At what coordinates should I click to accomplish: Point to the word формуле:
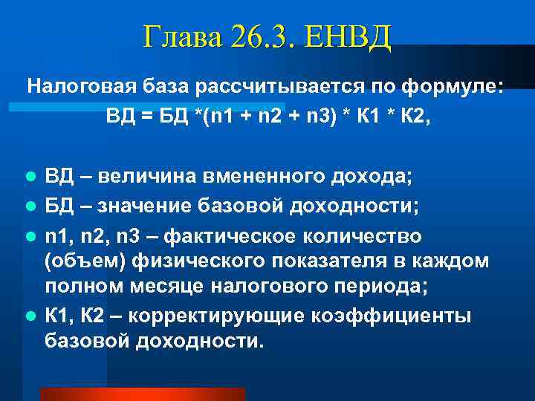pos(453,88)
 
